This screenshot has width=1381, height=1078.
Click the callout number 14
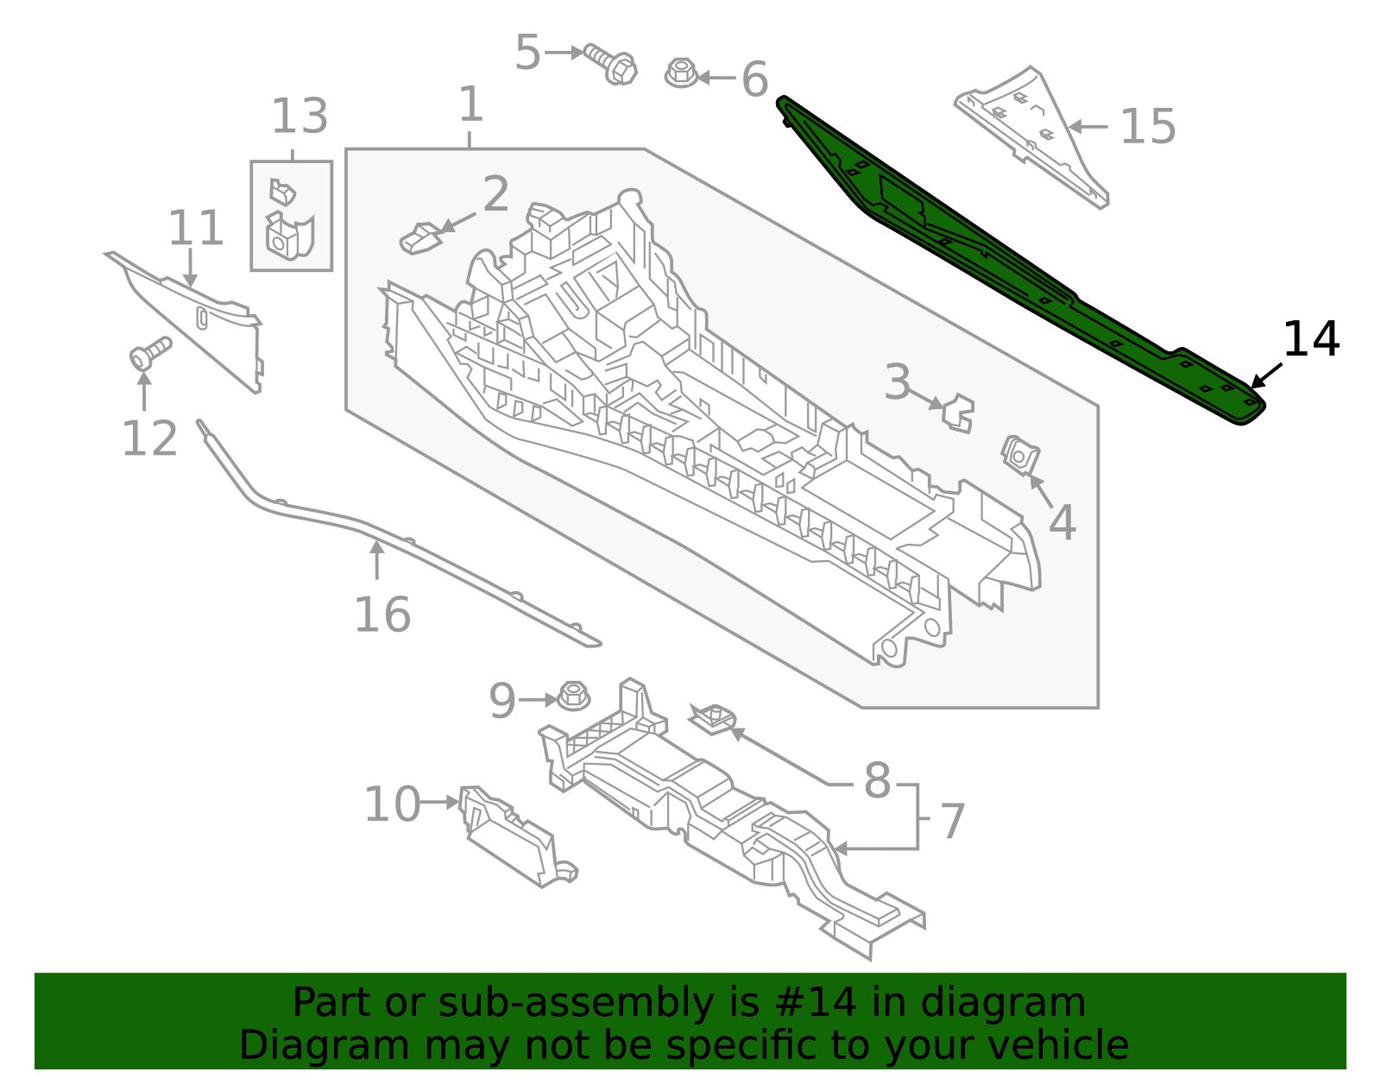(1310, 339)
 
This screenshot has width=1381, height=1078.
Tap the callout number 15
(1147, 127)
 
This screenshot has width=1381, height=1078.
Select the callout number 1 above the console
(470, 104)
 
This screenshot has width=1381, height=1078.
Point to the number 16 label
(382, 615)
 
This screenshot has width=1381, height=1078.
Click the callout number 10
(392, 804)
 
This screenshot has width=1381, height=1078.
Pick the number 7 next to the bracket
(952, 821)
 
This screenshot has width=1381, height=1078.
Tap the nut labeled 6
(681, 72)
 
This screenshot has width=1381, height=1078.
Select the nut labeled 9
(573, 696)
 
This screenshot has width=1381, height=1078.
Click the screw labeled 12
(148, 351)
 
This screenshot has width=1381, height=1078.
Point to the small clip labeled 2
(420, 238)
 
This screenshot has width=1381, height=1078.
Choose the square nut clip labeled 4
(1019, 454)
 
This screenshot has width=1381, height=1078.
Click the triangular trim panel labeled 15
(1031, 134)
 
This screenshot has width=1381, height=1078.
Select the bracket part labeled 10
(514, 838)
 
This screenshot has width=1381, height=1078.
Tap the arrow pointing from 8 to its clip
(781, 757)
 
